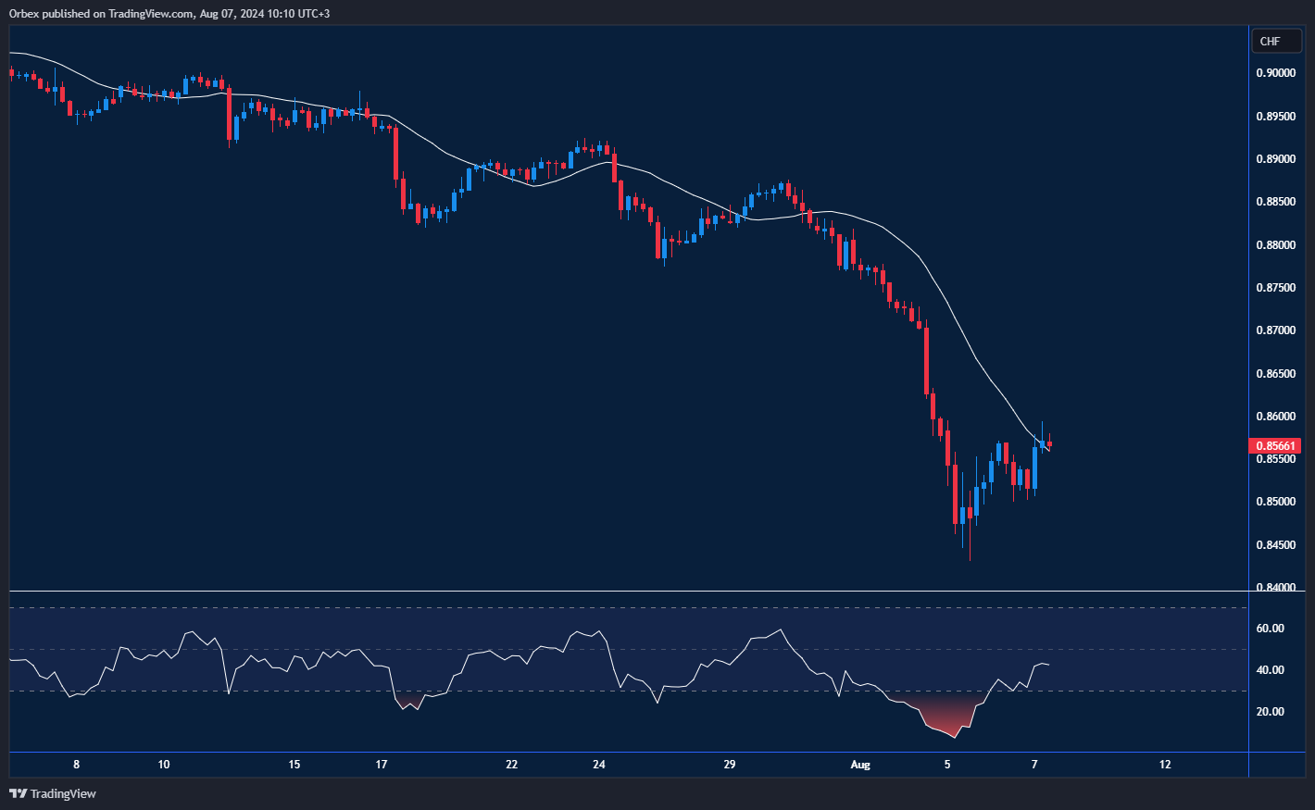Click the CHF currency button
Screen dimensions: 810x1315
coord(1276,41)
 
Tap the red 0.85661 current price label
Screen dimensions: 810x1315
coord(1275,446)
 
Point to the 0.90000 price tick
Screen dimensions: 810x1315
coord(1275,73)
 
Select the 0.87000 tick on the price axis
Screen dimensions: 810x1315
coord(1275,330)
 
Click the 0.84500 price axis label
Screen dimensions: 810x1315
coord(1275,545)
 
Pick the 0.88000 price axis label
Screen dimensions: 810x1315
coord(1275,245)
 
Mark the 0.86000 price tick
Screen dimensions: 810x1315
coord(1275,417)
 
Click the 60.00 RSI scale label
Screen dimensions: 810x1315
coord(1270,629)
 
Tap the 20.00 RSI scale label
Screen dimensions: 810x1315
coord(1270,712)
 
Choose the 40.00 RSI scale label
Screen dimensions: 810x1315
coord(1270,670)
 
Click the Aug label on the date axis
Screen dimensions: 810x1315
coord(860,765)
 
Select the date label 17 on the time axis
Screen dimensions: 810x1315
coord(382,765)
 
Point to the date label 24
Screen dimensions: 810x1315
coord(599,765)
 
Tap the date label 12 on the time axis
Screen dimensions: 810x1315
coord(1165,765)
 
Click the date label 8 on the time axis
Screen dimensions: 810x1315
coord(77,765)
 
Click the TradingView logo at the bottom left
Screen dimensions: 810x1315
coord(53,793)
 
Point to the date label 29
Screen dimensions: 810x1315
coord(730,765)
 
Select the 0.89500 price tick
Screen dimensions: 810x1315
coord(1275,117)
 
